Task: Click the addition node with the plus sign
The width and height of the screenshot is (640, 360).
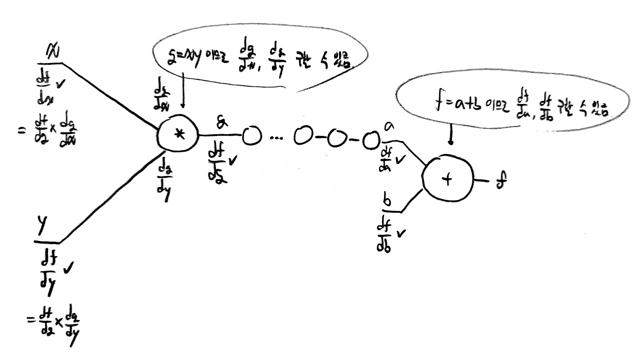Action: pyautogui.click(x=447, y=179)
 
